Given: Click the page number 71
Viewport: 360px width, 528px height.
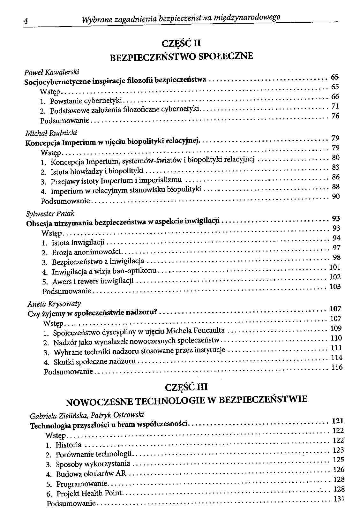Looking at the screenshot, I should [335, 106].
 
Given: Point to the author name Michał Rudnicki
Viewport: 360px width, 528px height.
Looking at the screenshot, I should [51, 132].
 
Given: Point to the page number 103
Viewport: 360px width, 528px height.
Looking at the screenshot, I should [335, 287].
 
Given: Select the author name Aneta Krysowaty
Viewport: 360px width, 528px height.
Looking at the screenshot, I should [54, 304].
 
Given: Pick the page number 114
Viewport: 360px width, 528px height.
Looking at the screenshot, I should [337, 358].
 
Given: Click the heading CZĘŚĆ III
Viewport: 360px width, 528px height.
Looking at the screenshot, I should [187, 387].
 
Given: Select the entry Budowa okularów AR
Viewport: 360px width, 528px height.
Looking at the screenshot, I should [91, 474].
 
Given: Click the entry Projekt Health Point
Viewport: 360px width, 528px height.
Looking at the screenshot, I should [89, 494].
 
